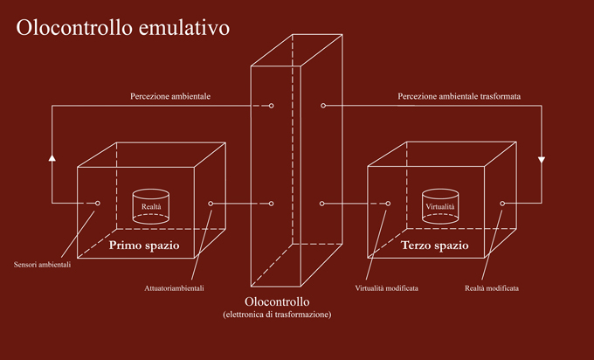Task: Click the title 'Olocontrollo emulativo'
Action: (123, 28)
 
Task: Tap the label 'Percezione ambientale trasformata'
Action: (459, 96)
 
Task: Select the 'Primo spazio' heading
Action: (144, 246)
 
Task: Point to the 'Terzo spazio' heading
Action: (435, 246)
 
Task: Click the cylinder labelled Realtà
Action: (151, 206)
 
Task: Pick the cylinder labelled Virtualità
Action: (440, 206)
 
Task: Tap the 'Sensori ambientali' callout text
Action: (42, 265)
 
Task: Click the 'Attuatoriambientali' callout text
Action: (174, 288)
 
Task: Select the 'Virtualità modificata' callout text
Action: (386, 288)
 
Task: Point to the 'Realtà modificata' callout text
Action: (492, 288)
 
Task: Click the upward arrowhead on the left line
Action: (52, 157)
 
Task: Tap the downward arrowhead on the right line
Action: (542, 160)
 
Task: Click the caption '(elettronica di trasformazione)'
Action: (277, 315)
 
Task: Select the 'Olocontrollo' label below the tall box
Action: (277, 301)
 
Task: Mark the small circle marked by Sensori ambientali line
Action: (97, 203)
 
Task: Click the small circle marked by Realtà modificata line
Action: (502, 204)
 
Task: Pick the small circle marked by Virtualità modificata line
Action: (388, 204)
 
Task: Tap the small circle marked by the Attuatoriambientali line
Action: (211, 204)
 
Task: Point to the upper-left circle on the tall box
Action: (271, 106)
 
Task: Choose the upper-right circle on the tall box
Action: (323, 106)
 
